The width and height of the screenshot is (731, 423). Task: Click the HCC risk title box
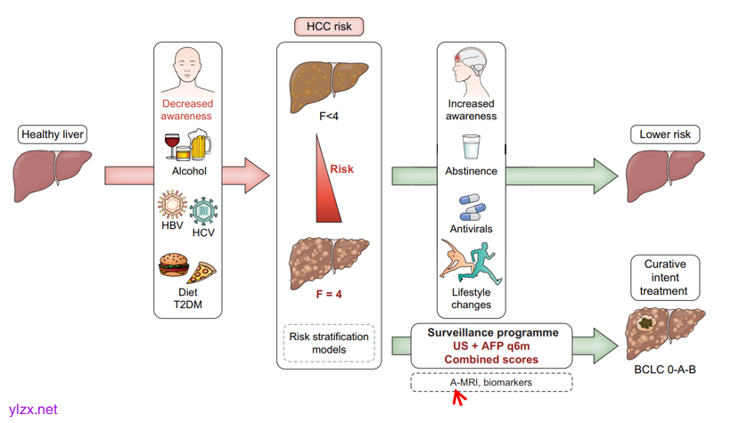tap(329, 27)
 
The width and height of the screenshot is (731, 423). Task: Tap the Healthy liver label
tap(53, 135)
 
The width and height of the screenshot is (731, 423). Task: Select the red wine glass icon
tap(172, 145)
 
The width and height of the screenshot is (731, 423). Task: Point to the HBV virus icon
tap(171, 205)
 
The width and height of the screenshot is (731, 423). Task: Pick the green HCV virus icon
tap(204, 212)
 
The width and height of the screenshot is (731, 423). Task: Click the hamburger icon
tap(173, 266)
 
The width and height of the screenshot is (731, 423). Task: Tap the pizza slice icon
tap(202, 272)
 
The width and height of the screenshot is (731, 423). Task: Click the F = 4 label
tap(328, 295)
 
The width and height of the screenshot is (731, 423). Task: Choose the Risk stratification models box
tap(329, 343)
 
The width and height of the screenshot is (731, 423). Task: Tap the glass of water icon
tap(472, 147)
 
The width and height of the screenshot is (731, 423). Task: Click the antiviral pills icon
tap(472, 208)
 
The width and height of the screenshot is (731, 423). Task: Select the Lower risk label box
tap(665, 135)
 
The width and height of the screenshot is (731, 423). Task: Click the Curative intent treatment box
tap(664, 278)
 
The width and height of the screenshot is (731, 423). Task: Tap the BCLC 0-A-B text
tap(665, 369)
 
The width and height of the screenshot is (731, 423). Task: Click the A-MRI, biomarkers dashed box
tap(491, 382)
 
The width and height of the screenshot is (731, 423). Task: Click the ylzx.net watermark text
tap(33, 411)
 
